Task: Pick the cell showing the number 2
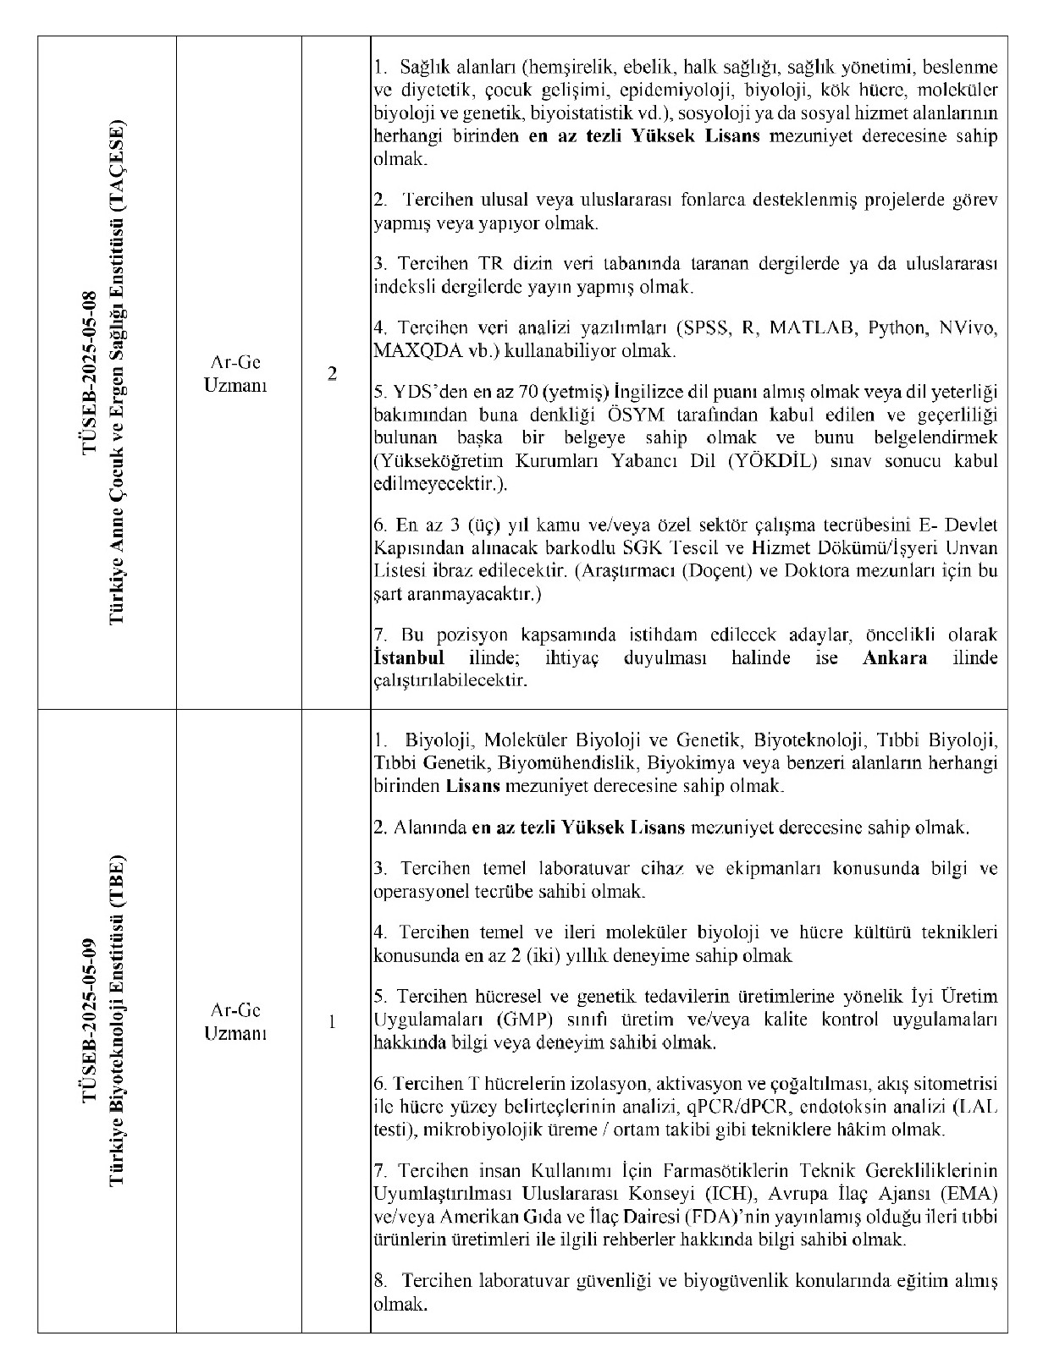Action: click(x=333, y=374)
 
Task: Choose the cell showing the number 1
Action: click(x=333, y=1022)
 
